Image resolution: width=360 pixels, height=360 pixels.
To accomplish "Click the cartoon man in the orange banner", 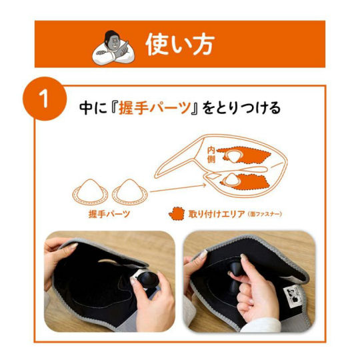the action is point(113,48).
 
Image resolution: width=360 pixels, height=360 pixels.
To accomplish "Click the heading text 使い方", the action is point(180,45).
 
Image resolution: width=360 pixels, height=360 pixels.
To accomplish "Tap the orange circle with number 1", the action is point(45,99).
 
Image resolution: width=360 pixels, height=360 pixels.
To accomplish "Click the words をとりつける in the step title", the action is point(242,108).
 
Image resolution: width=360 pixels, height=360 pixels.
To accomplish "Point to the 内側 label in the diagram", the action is point(211,155).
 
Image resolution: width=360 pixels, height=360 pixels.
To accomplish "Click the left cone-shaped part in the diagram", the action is point(90,192).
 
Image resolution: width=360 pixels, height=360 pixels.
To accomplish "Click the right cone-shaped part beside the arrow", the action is point(130,192).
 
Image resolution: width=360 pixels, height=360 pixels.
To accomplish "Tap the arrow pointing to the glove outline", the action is point(178,188).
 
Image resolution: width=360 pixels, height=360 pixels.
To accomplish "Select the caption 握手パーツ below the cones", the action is point(109,214).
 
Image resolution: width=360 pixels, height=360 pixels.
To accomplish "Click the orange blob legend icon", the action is point(176,214).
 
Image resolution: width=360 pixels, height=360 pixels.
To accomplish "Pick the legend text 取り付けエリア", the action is point(217,214).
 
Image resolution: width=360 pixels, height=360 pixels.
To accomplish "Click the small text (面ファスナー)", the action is point(265,215).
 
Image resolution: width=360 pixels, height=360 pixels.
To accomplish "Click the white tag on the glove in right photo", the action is point(292,297).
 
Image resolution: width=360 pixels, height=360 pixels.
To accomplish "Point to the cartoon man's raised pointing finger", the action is point(125,43).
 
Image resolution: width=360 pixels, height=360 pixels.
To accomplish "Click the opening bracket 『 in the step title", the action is point(113,108).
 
